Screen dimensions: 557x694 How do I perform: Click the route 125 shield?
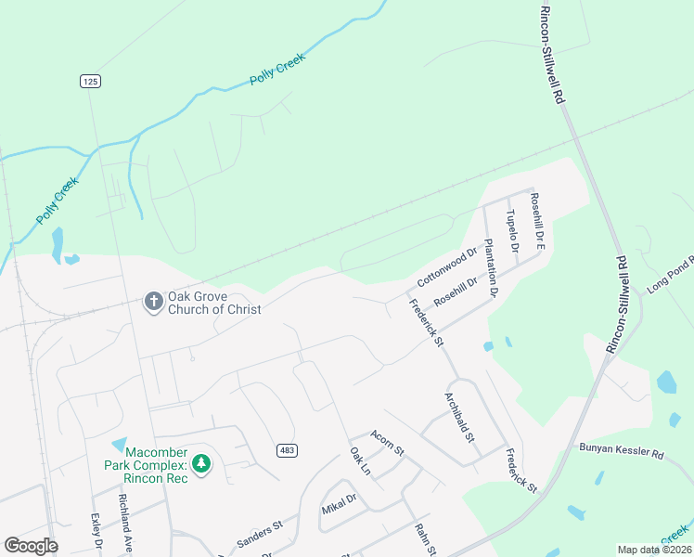click(x=89, y=82)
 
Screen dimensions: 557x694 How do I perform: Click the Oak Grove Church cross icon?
click(x=152, y=301)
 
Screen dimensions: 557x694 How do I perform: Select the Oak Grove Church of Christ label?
click(x=214, y=304)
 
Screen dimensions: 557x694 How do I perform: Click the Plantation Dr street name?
click(x=493, y=267)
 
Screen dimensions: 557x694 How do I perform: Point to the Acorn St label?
click(x=387, y=443)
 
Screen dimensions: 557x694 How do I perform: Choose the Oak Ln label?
click(x=359, y=461)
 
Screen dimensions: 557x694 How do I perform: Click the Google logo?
click(x=31, y=546)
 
